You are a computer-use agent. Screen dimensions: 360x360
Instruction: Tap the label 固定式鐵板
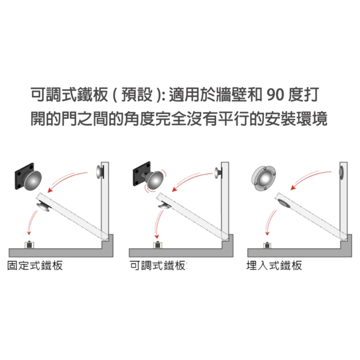(x=35, y=266)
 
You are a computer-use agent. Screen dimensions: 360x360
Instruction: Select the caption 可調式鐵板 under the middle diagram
(x=157, y=266)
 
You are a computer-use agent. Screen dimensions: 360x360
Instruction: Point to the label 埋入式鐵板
(x=274, y=266)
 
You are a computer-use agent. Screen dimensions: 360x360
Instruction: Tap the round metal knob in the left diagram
(x=32, y=181)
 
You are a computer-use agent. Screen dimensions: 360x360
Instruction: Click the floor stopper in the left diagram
(x=29, y=245)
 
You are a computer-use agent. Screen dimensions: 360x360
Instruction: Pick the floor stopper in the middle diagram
(x=158, y=245)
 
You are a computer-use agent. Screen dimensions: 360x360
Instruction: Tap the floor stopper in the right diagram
(x=267, y=245)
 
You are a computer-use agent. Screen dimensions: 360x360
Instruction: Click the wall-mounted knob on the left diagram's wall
(x=100, y=172)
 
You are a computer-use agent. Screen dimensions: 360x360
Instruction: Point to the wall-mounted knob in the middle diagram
(x=218, y=172)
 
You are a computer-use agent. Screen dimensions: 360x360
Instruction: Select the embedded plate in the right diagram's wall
(x=341, y=172)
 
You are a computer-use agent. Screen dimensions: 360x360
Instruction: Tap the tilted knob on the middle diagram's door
(x=164, y=205)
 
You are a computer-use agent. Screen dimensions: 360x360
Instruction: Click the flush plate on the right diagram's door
(x=284, y=204)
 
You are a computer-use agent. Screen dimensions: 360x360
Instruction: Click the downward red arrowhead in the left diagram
(x=29, y=232)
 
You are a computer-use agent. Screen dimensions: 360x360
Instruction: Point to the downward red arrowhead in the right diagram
(x=267, y=233)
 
